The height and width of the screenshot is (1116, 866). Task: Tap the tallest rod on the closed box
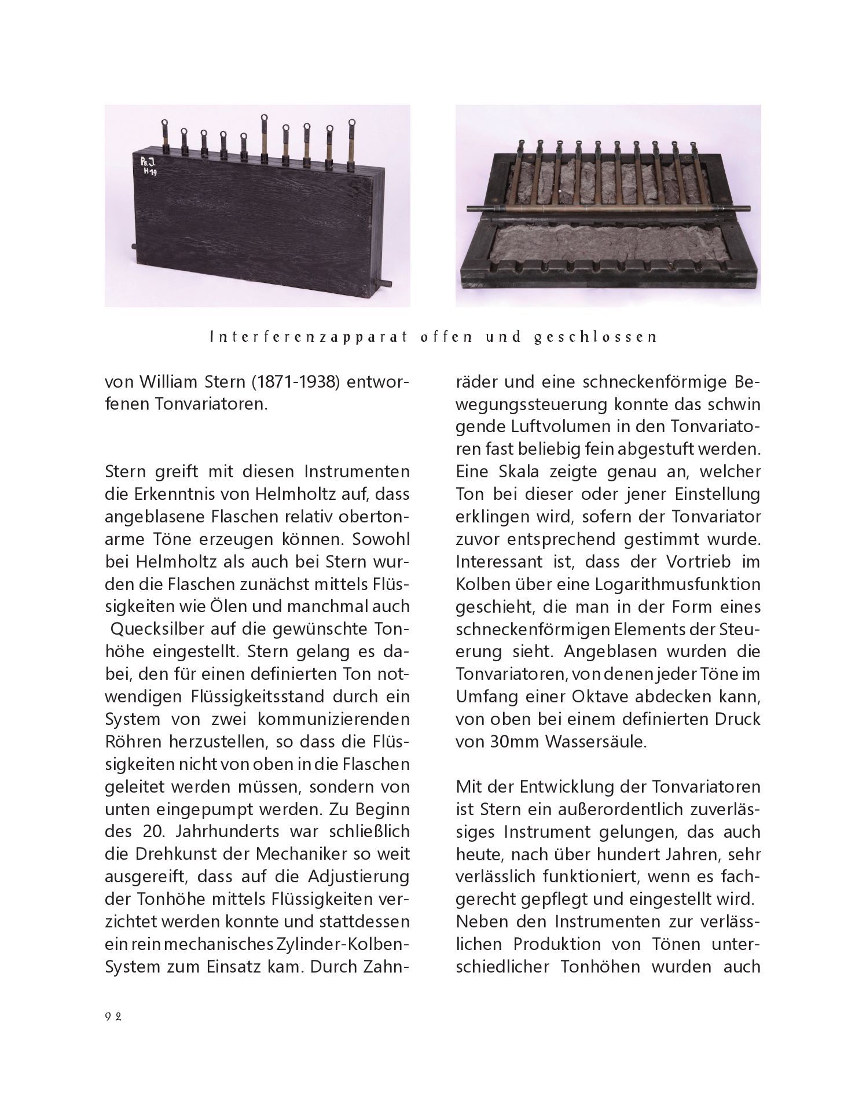pos(264,136)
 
